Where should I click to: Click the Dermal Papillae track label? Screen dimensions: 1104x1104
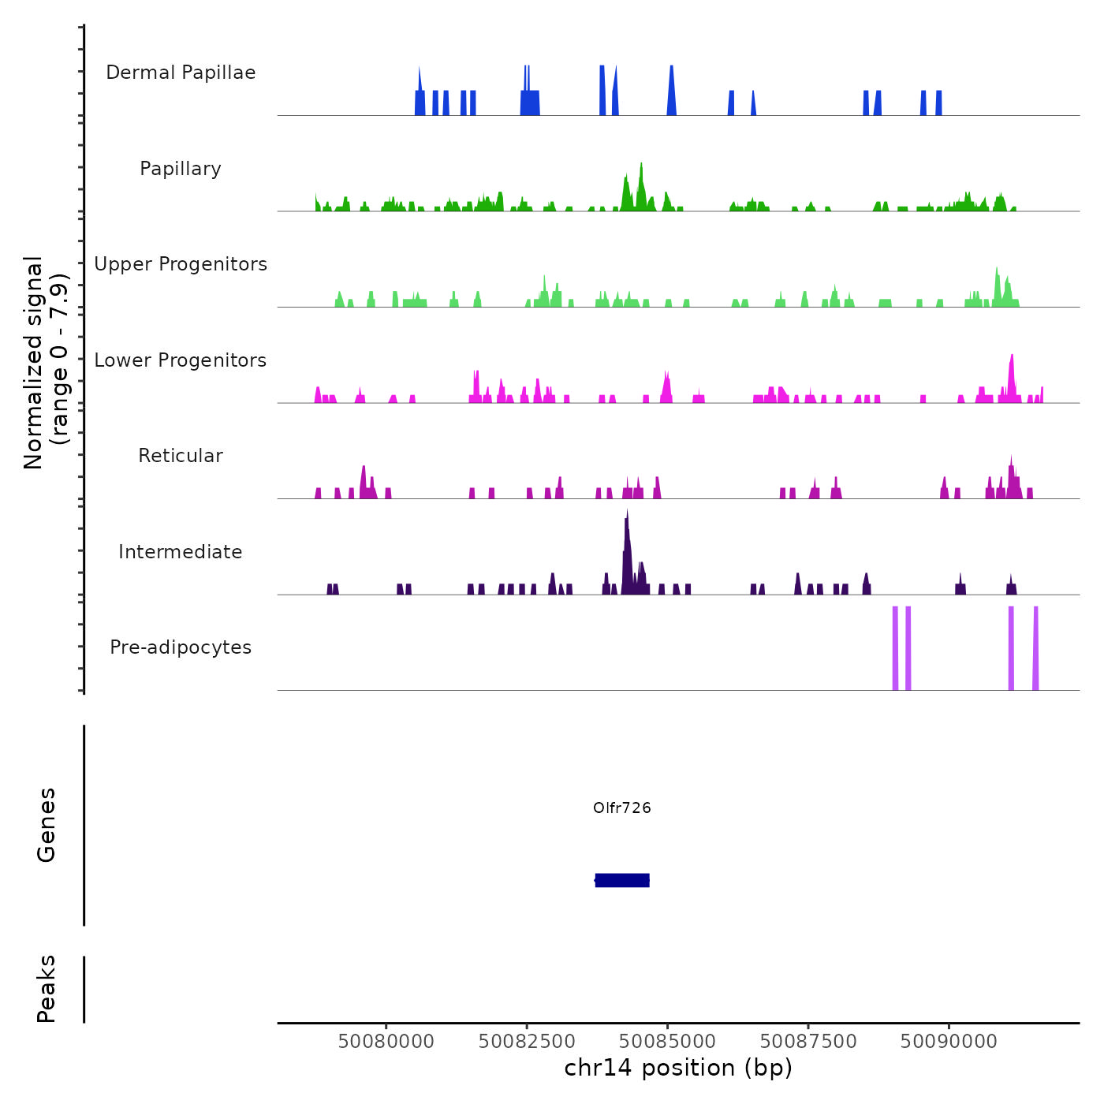pyautogui.click(x=181, y=73)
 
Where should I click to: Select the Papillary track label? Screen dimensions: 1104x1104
pyautogui.click(x=181, y=169)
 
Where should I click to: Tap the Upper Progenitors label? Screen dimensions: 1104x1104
pyautogui.click(x=181, y=264)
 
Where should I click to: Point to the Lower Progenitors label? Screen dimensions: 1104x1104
pyautogui.click(x=181, y=360)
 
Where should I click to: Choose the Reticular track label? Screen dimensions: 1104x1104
pyautogui.click(x=181, y=456)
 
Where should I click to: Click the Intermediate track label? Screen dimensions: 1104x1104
pyautogui.click(x=181, y=552)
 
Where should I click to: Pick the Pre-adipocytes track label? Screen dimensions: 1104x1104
pyautogui.click(x=181, y=647)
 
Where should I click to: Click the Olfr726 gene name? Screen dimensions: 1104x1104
pyautogui.click(x=622, y=807)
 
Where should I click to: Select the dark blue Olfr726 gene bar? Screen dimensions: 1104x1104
pyautogui.click(x=622, y=880)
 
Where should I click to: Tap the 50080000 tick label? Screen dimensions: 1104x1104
pyautogui.click(x=386, y=1041)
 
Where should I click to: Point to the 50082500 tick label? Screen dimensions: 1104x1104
pyautogui.click(x=527, y=1041)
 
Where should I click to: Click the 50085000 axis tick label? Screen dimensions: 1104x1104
pyautogui.click(x=668, y=1041)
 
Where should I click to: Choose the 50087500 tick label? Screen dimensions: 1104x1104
pyautogui.click(x=808, y=1041)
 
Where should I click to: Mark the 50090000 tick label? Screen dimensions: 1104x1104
pyautogui.click(x=949, y=1041)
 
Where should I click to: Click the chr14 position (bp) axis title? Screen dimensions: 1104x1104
pyautogui.click(x=678, y=1068)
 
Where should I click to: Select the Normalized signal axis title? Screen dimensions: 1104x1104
pyautogui.click(x=46, y=362)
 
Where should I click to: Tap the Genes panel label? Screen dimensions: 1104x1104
pyautogui.click(x=47, y=825)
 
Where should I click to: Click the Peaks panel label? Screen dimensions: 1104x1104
pyautogui.click(x=47, y=989)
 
